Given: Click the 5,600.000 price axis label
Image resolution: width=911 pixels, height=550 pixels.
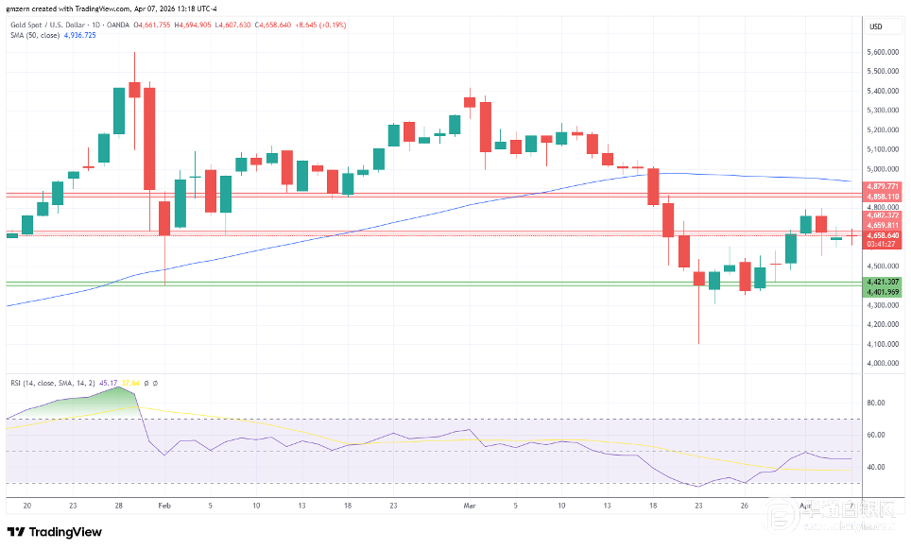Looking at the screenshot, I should (x=882, y=52).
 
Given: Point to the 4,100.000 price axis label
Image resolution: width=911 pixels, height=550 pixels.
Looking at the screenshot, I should (x=882, y=343).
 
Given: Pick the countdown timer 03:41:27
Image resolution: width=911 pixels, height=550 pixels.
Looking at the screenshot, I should (x=881, y=244).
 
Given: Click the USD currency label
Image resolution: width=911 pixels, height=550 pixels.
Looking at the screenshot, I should (x=875, y=26).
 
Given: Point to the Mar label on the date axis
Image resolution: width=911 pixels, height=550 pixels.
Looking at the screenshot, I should (x=470, y=506).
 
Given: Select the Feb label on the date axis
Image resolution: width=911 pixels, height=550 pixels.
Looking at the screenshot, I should (x=164, y=506).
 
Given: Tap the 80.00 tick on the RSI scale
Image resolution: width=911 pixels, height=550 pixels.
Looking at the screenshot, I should (x=876, y=403).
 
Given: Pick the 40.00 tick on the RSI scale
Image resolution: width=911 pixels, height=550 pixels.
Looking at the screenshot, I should (x=876, y=467).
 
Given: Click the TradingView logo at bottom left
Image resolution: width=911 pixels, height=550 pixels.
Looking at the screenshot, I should (x=55, y=532).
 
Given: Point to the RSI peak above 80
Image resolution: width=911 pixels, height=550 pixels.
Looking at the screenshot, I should (x=121, y=388).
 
